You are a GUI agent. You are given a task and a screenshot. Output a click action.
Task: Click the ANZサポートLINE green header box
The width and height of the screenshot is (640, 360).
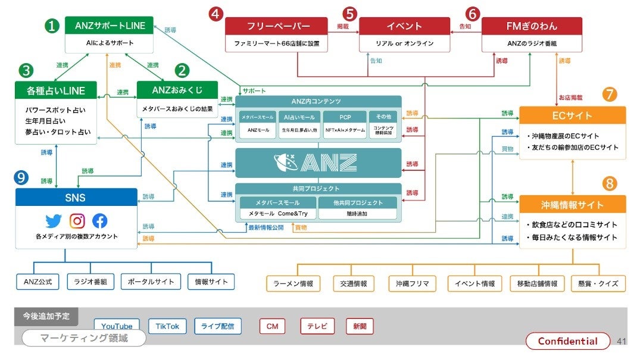(110, 25)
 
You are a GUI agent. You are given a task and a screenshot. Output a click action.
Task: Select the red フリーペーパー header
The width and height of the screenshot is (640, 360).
(276, 26)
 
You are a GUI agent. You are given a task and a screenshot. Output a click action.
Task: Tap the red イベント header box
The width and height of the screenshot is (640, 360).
(404, 26)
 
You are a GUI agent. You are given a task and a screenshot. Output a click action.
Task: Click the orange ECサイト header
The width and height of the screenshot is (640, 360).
(572, 115)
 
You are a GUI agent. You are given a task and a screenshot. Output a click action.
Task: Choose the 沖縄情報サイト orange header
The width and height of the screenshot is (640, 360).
(572, 205)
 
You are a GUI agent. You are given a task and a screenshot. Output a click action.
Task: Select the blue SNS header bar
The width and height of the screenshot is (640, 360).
(76, 198)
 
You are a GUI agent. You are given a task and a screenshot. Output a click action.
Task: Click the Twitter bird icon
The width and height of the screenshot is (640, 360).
(54, 221)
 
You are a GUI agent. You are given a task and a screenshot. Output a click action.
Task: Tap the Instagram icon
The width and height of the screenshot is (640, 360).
(77, 221)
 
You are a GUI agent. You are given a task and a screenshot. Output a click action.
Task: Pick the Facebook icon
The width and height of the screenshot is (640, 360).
(100, 221)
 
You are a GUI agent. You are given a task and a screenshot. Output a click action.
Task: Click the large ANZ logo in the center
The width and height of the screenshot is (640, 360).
(318, 162)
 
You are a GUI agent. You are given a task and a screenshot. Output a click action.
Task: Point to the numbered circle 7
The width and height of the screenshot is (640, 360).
(610, 94)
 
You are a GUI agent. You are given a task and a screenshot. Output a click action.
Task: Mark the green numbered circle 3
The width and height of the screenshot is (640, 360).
(26, 70)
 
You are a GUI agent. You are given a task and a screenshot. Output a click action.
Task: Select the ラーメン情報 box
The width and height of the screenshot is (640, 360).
(293, 283)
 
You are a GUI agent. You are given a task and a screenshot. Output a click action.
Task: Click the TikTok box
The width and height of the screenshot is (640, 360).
(167, 326)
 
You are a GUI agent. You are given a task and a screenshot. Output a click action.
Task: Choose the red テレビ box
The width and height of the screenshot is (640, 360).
(317, 326)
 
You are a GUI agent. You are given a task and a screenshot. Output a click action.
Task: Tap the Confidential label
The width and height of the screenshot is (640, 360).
(567, 341)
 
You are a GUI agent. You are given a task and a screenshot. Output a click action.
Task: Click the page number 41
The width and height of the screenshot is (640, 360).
(622, 341)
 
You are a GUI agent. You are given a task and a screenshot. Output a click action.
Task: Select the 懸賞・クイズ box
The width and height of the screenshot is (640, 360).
(598, 283)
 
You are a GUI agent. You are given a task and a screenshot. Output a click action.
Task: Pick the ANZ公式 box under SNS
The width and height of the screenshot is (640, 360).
(37, 281)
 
